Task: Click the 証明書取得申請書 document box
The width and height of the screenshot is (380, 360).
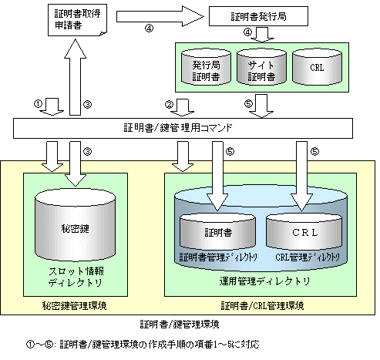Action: click(77, 20)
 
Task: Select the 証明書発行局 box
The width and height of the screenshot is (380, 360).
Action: click(258, 16)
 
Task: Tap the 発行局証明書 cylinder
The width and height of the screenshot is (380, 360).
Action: click(206, 67)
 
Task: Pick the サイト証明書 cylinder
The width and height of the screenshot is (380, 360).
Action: click(261, 67)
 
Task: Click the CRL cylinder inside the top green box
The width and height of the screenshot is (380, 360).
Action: click(317, 67)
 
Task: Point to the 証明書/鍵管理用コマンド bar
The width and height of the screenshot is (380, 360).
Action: click(183, 128)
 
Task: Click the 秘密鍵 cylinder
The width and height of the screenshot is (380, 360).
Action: click(75, 226)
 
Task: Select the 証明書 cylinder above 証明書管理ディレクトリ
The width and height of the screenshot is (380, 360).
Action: click(217, 231)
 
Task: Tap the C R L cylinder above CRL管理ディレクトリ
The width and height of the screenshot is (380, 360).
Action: click(304, 231)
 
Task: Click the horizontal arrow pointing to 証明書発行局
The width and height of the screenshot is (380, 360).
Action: click(160, 17)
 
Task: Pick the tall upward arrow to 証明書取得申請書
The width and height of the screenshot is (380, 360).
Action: click(75, 77)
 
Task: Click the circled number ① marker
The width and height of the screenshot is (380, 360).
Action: click(38, 104)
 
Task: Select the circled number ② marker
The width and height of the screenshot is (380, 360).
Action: click(169, 105)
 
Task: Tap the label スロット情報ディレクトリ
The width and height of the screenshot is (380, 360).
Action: click(76, 277)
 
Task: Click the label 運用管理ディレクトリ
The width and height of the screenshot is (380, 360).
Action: click(264, 281)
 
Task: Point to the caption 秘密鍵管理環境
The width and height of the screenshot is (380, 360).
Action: click(74, 306)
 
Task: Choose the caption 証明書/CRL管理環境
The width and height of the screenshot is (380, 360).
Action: click(262, 306)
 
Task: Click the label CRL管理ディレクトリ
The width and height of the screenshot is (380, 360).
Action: click(308, 257)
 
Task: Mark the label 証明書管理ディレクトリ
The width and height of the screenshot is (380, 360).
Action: click(218, 257)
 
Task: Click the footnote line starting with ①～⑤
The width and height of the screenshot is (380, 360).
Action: click(143, 345)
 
